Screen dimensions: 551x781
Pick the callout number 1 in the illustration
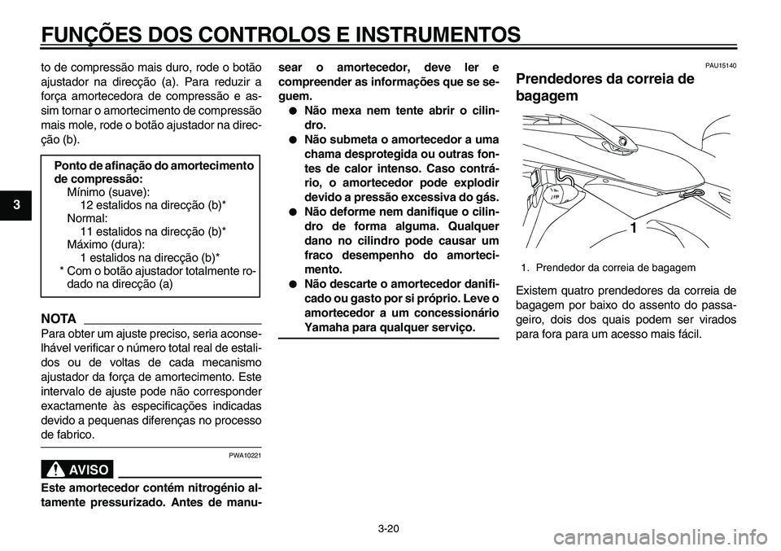(632, 230)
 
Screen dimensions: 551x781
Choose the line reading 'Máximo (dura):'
(107, 244)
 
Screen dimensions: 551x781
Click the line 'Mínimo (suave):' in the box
(108, 191)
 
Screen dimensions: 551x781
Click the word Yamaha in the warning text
(331, 326)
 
